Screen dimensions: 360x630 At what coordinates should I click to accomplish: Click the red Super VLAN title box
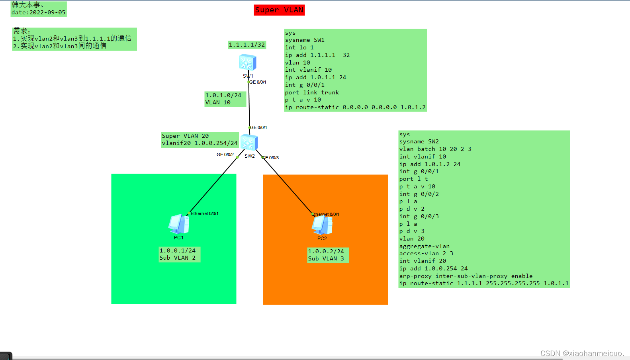tap(279, 10)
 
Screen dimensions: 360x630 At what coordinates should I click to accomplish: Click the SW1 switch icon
tap(247, 63)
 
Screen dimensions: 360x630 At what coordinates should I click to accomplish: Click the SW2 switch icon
tap(249, 142)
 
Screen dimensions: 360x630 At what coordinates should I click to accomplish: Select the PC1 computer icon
tap(179, 224)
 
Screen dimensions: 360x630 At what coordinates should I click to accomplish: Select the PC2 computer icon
tap(322, 225)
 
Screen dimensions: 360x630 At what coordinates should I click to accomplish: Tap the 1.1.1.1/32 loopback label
tap(247, 45)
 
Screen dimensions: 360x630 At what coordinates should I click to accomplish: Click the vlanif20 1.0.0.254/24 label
tap(200, 143)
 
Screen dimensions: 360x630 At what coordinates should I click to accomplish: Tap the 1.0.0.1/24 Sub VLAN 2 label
tap(179, 254)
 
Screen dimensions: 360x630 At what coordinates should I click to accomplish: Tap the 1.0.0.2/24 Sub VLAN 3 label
tap(328, 255)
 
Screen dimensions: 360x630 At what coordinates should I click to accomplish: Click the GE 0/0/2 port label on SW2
tap(225, 155)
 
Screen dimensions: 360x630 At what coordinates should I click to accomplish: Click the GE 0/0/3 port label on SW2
tap(271, 158)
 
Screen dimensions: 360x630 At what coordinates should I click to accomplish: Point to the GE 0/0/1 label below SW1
tap(258, 82)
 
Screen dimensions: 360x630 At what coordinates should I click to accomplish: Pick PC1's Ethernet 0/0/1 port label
tap(204, 213)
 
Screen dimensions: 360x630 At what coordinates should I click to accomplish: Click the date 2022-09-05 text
tap(38, 12)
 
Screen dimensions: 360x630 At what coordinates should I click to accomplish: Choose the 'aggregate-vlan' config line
tap(424, 246)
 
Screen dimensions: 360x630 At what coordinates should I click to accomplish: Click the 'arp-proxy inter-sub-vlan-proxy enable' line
tap(466, 276)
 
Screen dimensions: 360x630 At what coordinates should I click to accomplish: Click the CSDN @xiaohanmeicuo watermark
tap(582, 353)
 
